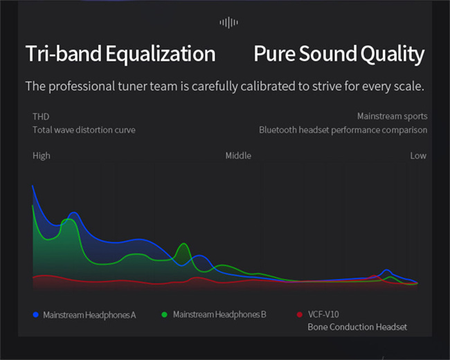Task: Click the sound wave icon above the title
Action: (228, 22)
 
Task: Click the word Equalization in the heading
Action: (161, 54)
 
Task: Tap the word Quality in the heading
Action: (393, 54)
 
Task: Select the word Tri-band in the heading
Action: (64, 53)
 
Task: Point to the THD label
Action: (41, 116)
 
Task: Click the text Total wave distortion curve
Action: (84, 129)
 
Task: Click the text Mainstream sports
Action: (392, 116)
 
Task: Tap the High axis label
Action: (42, 156)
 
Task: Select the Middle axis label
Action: (238, 156)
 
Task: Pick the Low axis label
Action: (418, 156)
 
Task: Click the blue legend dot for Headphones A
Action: (36, 314)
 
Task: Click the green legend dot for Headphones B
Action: (165, 314)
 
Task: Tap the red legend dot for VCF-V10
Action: (300, 314)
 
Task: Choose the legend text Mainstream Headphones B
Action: (219, 314)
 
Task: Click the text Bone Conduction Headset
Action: (357, 327)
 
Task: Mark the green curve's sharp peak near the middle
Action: (183, 244)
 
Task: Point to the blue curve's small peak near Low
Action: (387, 270)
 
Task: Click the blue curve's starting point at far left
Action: (33, 186)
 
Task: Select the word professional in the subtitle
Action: (82, 87)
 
